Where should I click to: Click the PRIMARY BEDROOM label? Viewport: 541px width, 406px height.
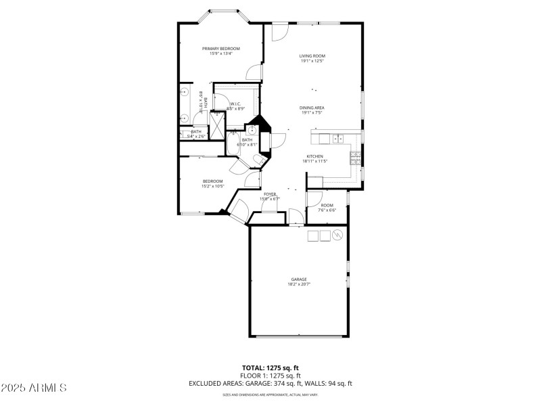221,49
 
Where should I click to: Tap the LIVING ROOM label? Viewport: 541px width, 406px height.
312,56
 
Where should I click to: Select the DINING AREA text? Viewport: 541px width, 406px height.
312,108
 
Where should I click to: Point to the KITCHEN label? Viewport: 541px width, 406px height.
314,156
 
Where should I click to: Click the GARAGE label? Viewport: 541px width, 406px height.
299,279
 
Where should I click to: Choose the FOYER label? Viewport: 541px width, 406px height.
270,194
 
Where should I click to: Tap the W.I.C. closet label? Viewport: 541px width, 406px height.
236,104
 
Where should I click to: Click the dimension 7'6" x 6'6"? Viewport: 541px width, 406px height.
327,210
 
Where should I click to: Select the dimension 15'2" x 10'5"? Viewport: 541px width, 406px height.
212,186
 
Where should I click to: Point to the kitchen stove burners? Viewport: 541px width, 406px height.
355,159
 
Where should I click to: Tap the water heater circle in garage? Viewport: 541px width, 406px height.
337,235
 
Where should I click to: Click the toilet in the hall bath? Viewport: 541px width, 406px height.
255,158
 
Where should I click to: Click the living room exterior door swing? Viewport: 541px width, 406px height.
281,32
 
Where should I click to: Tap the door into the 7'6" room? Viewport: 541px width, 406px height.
314,198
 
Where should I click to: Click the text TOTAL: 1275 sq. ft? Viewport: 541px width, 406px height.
270,369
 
